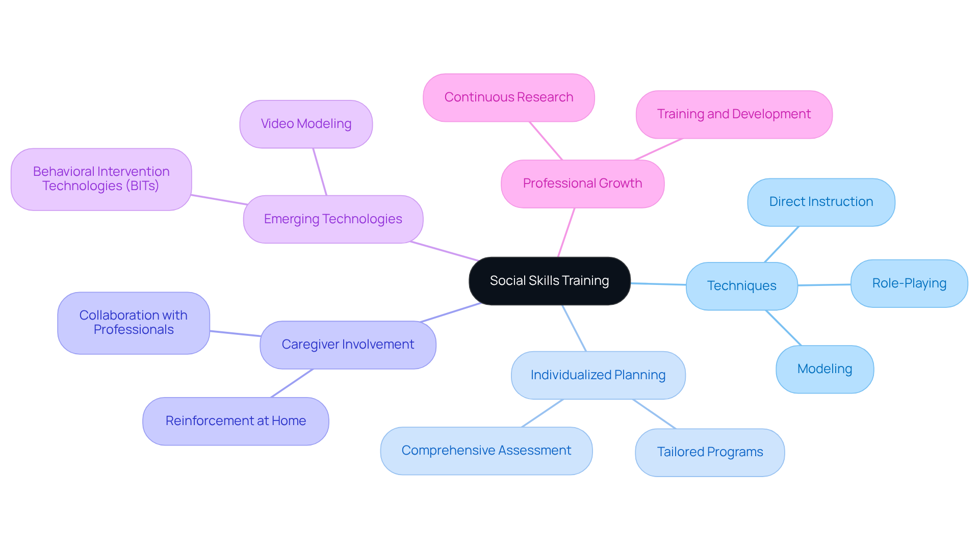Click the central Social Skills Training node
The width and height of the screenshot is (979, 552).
point(549,281)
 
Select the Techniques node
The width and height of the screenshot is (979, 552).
point(741,286)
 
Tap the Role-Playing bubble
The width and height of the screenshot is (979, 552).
point(909,283)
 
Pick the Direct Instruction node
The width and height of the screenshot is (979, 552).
point(820,202)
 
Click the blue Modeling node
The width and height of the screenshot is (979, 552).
point(824,369)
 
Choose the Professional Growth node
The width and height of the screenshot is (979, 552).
point(582,183)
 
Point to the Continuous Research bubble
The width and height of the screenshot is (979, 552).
point(508,97)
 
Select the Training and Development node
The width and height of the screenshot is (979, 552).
point(734,114)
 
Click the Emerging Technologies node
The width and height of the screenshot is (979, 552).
point(333,219)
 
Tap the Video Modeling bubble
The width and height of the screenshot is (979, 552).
point(306,124)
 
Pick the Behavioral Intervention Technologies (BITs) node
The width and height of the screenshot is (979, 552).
point(101,179)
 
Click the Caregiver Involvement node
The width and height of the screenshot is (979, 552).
point(348,345)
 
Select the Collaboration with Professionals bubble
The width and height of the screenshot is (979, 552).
point(133,323)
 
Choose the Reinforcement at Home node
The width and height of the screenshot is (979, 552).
point(236,421)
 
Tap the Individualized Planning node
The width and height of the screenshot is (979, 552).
point(598,375)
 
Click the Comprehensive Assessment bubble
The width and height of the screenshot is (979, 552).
point(486,451)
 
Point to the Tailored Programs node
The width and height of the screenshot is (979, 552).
point(709,452)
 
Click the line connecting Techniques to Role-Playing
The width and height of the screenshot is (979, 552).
point(824,285)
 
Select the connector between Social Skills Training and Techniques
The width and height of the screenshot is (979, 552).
point(658,284)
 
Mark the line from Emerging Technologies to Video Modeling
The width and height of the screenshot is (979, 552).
point(320,172)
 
